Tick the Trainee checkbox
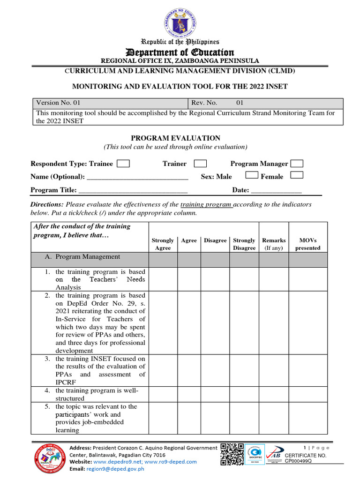coord(123,164)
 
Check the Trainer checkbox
coord(200,164)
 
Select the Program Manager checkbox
coord(297,164)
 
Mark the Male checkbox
coord(252,175)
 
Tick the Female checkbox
coord(297,175)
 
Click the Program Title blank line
coord(133,191)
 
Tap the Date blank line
coord(276,191)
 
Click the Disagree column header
coord(215,240)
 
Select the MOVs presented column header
coord(307,244)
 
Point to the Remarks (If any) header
coord(274,244)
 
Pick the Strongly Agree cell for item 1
coord(163,279)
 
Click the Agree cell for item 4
coord(189,394)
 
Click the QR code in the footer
coord(232,455)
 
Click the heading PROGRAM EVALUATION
coord(175,138)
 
